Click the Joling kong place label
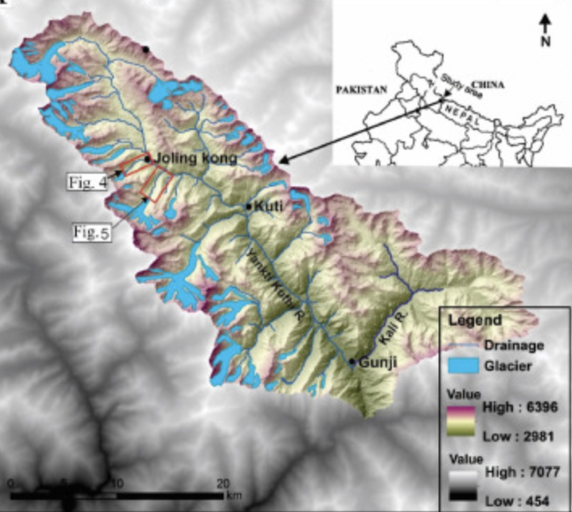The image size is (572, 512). [x=195, y=158]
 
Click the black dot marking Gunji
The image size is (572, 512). [x=352, y=361]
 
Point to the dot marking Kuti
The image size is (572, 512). [x=250, y=207]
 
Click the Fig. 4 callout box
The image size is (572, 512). [x=90, y=183]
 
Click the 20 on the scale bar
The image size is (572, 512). [x=223, y=482]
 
